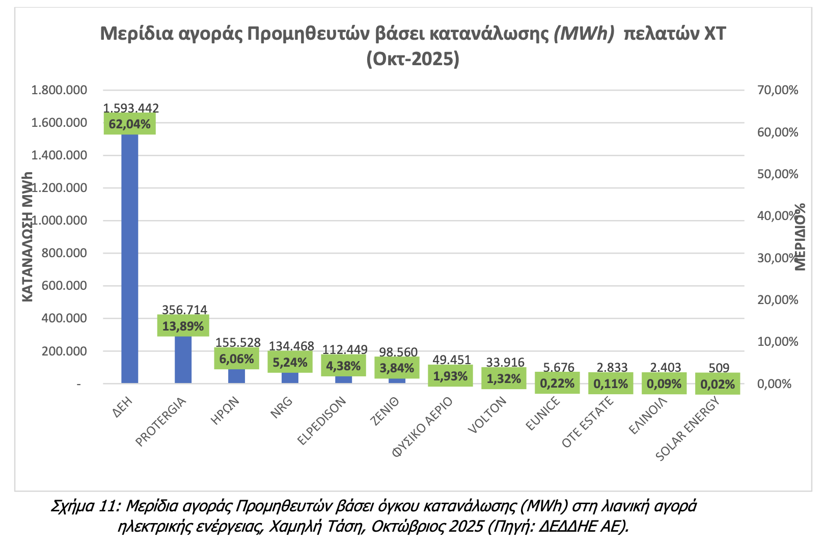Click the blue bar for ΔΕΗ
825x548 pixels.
pyautogui.click(x=130, y=255)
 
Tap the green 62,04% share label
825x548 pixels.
pyautogui.click(x=130, y=124)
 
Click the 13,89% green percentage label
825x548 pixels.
pyautogui.click(x=183, y=326)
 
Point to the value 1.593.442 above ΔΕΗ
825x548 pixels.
pyautogui.click(x=131, y=108)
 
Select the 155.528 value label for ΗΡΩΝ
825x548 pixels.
pyautogui.click(x=238, y=343)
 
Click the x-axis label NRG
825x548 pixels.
pyautogui.click(x=282, y=407)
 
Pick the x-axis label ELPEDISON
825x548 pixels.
pyautogui.click(x=322, y=421)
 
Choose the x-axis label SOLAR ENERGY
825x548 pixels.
pyautogui.click(x=688, y=429)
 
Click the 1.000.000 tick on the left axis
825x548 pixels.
pyautogui.click(x=59, y=221)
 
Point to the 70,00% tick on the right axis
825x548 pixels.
pyautogui.click(x=778, y=91)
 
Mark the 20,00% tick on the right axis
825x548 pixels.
pyautogui.click(x=778, y=300)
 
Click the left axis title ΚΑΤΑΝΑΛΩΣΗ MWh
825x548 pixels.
pyautogui.click(x=28, y=236)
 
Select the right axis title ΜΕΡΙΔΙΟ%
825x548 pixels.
pyautogui.click(x=800, y=236)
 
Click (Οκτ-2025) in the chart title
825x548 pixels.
pyautogui.click(x=413, y=59)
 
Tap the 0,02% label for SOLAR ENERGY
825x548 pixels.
pyautogui.click(x=718, y=384)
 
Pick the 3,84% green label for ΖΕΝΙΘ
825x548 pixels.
pyautogui.click(x=397, y=368)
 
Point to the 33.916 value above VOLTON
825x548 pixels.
pyautogui.click(x=505, y=362)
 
